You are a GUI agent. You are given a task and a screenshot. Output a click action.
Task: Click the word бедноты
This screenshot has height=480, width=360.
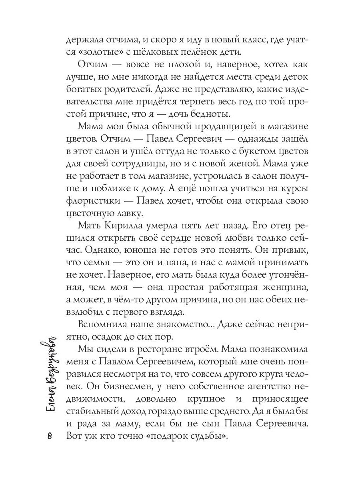tap(210, 114)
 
